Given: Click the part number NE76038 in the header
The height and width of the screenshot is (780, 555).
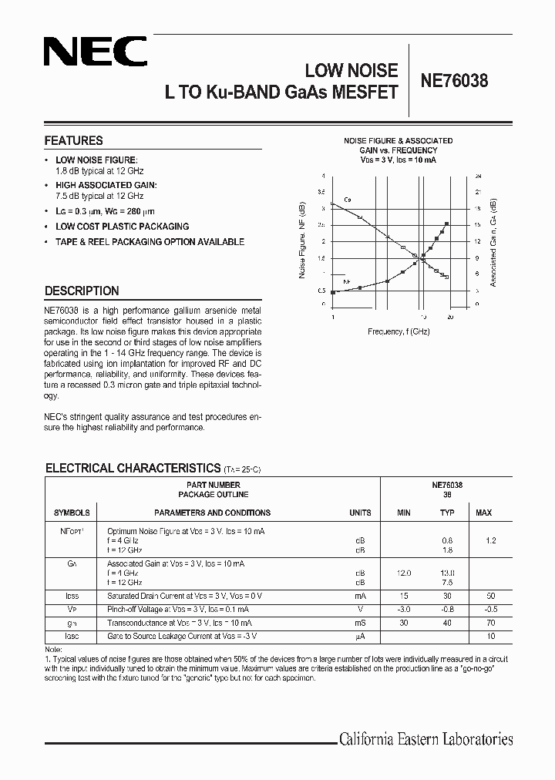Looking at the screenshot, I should coord(454,79).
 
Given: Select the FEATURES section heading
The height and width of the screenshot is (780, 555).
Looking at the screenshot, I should coord(74,141).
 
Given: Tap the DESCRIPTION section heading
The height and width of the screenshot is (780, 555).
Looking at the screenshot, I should coord(82,291).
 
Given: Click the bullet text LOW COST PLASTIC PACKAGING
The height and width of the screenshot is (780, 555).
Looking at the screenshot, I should coord(122,227).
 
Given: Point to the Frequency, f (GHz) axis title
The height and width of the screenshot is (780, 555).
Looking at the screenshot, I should coord(399,331).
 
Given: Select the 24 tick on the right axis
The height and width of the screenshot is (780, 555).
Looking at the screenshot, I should coord(478,176).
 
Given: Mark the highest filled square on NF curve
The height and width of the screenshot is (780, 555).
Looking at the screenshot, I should coord(447,224).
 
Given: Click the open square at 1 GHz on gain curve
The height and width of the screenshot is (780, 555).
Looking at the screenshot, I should coord(333,203).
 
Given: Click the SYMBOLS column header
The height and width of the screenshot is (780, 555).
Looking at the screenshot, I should coord(72,513).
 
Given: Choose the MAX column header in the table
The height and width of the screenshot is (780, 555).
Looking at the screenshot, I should coord(483,513).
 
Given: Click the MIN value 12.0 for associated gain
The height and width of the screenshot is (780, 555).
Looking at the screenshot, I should coord(404,573).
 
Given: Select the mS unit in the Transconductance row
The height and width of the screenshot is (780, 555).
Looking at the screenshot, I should coord(359,622).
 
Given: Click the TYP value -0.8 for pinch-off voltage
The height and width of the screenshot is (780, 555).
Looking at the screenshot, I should coord(447,609).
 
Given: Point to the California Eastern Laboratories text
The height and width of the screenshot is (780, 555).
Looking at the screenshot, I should coord(425,739).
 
